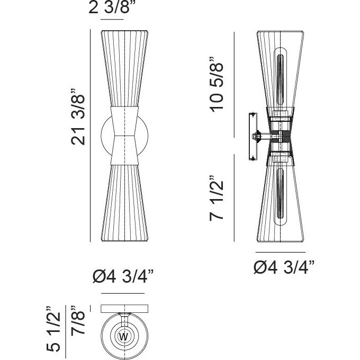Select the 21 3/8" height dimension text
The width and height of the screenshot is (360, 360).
pyautogui.click(x=78, y=117)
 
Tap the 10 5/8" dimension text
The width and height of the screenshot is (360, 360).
pyautogui.click(x=217, y=85)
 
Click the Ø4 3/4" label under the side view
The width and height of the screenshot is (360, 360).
pyautogui.click(x=284, y=267)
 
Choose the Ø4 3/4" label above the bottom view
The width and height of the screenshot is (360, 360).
pyautogui.click(x=123, y=276)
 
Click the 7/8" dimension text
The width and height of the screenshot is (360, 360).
pyautogui.click(x=78, y=320)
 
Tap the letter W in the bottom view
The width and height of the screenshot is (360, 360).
pyautogui.click(x=123, y=337)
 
